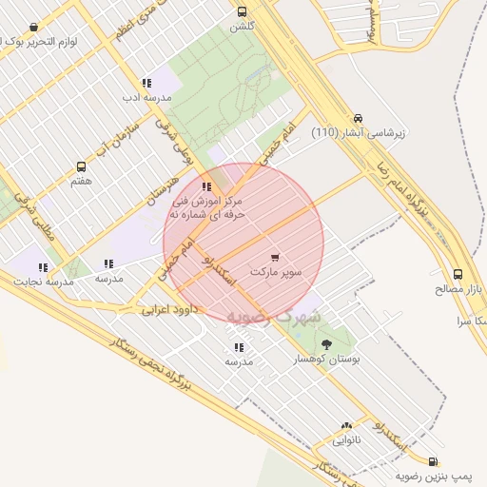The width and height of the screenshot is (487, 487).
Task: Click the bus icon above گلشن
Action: pos(242,12)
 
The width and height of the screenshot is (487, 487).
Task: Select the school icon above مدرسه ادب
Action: pos(146,83)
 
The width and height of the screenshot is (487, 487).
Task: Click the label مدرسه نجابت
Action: pos(41,282)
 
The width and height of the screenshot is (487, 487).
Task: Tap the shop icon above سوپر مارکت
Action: pos(275,257)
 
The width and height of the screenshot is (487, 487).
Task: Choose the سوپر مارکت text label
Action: pos(276,272)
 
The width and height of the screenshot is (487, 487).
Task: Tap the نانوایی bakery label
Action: pos(346,440)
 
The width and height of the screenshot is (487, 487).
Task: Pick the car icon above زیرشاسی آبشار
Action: pos(358,118)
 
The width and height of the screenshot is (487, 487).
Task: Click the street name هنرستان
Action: pos(164,181)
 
